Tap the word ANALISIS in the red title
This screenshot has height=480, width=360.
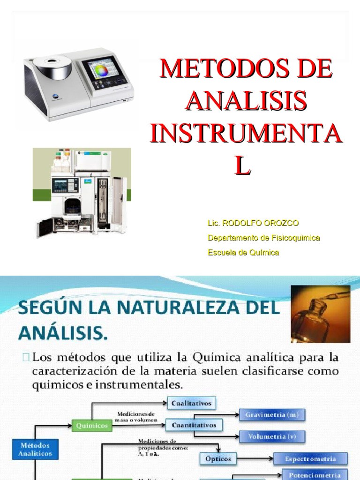247,102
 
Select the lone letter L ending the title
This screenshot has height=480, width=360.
242,166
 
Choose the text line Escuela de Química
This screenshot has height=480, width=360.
243,253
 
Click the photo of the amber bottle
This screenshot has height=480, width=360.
320,314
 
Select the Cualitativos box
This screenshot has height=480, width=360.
191,403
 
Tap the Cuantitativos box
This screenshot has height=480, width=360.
194,425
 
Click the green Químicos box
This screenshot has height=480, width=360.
92,426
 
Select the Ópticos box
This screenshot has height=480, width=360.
218,459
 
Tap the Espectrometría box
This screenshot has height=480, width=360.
311,459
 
